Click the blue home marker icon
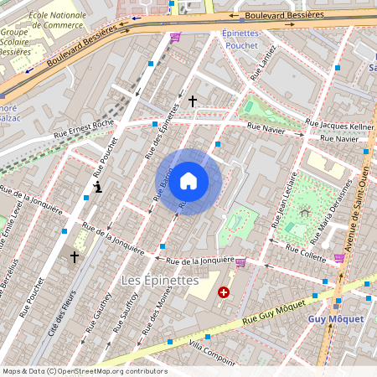point(188,181)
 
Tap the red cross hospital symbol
point(224,292)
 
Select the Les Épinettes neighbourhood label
point(159,279)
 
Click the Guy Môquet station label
point(336,319)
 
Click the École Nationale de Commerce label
point(57,20)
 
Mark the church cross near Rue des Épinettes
point(192,101)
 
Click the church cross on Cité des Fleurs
point(74,257)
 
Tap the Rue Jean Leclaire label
point(285,201)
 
